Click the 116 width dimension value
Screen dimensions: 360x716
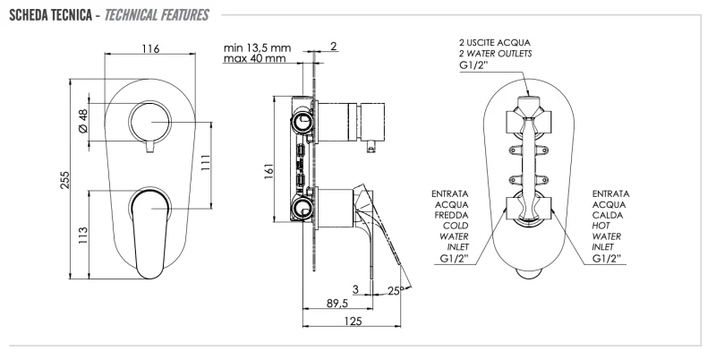[150, 48]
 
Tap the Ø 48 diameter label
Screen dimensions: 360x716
[82, 121]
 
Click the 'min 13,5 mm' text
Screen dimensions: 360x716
[257, 47]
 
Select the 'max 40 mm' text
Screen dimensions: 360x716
[254, 59]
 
